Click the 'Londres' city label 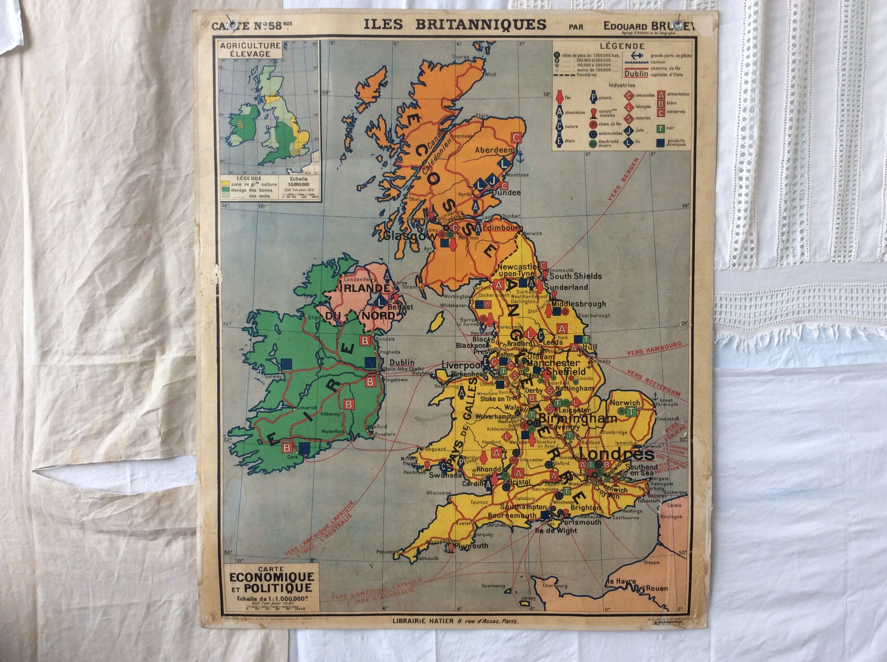617,455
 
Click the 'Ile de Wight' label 556,531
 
